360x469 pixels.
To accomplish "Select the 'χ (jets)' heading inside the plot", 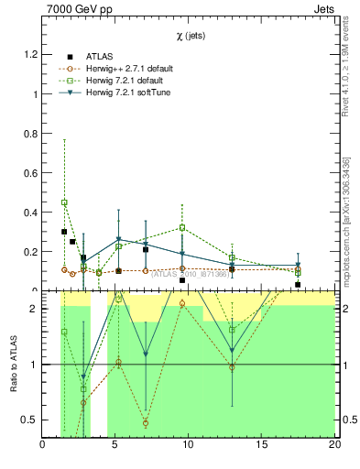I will [x=192, y=37].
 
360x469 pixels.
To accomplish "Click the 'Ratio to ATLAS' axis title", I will [x=13, y=365].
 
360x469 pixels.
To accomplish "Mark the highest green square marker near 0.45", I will [x=64, y=202].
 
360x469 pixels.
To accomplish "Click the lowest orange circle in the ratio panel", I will [x=146, y=423].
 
